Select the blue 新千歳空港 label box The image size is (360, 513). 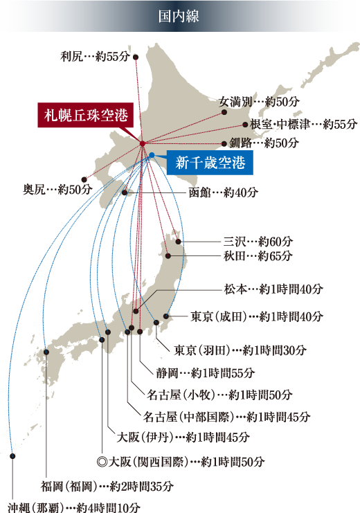point(210,163)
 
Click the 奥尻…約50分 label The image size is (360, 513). point(56,188)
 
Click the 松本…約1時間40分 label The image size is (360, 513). point(273,289)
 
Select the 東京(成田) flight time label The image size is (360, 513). point(256,316)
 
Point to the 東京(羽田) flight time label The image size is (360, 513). point(240,350)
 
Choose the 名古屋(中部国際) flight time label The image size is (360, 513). point(226,417)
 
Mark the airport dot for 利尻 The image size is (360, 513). point(136,57)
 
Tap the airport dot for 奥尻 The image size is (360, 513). point(85,179)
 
